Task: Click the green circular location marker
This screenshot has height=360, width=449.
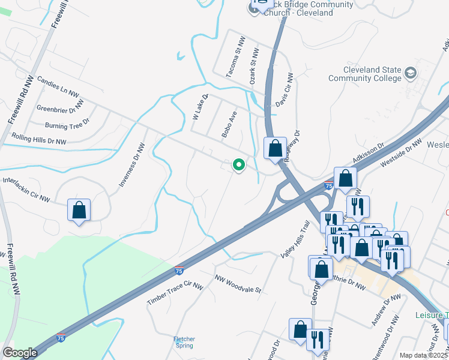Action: point(239,164)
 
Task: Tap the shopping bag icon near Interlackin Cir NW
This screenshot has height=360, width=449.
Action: point(79,210)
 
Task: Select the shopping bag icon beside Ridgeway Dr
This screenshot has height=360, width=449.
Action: point(275,148)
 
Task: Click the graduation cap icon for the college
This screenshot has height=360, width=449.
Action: point(411,73)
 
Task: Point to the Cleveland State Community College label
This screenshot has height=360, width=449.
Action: point(364,74)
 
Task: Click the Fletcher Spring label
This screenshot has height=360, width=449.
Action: point(184,343)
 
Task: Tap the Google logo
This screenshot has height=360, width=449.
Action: point(20,353)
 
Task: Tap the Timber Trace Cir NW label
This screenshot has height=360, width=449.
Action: point(175,292)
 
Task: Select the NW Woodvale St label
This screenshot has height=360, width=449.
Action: point(238,283)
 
